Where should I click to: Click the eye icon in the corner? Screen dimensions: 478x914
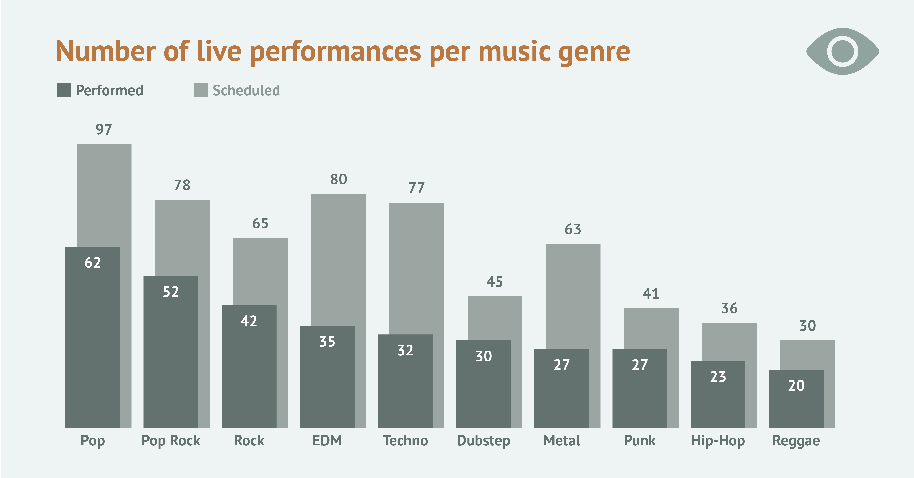click(842, 52)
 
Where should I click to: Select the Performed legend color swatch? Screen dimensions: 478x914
click(64, 90)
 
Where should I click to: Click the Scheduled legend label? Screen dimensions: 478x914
click(246, 90)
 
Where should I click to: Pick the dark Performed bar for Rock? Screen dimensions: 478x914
click(249, 372)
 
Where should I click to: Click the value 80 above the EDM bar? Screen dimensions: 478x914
click(338, 179)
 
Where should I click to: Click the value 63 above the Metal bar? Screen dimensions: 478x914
click(573, 229)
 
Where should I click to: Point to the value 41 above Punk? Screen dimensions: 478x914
click(651, 294)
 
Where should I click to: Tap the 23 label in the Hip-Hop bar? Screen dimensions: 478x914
click(718, 377)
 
